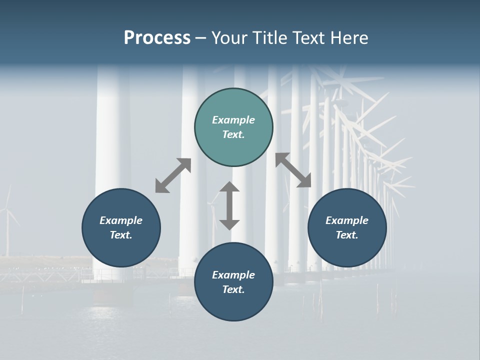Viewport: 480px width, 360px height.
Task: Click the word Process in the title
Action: click(x=157, y=38)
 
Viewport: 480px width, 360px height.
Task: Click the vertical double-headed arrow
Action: click(x=229, y=205)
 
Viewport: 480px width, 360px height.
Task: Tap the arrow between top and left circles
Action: click(x=173, y=175)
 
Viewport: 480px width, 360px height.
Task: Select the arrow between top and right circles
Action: click(x=293, y=170)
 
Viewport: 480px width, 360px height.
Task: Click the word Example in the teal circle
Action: click(x=233, y=120)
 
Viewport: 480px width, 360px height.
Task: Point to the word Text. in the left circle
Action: click(x=121, y=235)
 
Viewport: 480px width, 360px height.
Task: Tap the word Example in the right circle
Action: click(x=347, y=220)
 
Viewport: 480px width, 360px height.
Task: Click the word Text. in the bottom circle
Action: click(x=233, y=289)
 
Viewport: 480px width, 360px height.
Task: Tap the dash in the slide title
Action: click(x=200, y=38)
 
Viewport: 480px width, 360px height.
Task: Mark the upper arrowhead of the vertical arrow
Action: click(x=229, y=188)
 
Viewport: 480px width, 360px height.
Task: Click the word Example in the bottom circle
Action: click(x=233, y=275)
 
